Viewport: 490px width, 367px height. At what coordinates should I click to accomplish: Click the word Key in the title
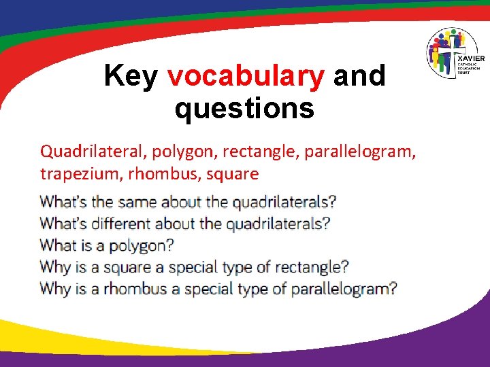[x=131, y=76]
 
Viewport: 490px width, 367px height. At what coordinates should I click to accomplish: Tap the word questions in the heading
[x=244, y=109]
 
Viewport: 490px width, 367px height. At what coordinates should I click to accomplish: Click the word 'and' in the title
[x=359, y=76]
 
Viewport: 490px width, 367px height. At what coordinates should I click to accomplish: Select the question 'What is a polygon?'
[x=107, y=245]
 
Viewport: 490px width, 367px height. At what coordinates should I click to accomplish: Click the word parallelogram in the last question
[x=344, y=289]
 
